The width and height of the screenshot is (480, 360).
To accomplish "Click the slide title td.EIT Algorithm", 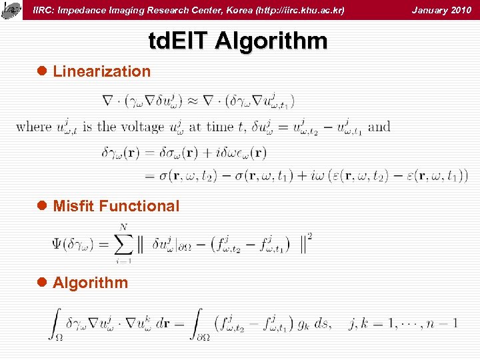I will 238,41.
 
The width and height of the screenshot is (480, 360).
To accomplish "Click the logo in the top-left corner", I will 10,9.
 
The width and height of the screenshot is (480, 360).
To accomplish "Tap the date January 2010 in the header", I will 441,10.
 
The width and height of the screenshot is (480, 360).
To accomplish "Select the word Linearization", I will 102,71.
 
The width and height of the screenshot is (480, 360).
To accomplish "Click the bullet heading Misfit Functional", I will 116,206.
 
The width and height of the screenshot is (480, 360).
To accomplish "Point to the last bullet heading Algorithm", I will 90,283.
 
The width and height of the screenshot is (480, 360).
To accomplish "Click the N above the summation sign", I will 122,227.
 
